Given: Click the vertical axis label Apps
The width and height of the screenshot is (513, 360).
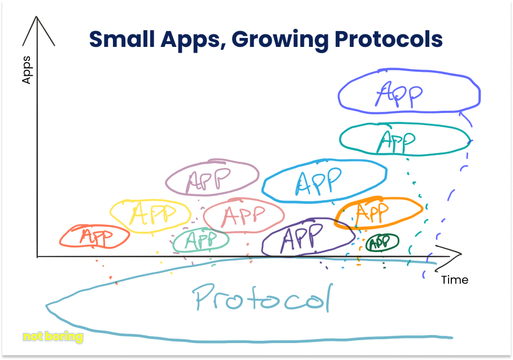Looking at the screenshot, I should [x=26, y=71].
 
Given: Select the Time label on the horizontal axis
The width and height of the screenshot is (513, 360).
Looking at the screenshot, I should [x=454, y=280].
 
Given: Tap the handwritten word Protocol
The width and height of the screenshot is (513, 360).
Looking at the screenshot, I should [x=262, y=296].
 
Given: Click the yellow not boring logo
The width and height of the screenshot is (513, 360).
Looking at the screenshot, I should [x=53, y=337].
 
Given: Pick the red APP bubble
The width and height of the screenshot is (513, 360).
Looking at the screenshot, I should [x=94, y=236].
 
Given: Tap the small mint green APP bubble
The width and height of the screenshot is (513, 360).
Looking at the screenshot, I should [x=201, y=241].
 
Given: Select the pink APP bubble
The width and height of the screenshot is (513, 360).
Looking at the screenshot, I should [x=244, y=215].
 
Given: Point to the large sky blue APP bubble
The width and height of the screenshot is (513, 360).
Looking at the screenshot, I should [x=323, y=180].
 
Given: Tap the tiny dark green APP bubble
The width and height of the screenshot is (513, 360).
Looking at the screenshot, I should [x=382, y=242].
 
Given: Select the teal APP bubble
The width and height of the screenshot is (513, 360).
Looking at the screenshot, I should [x=403, y=139].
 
